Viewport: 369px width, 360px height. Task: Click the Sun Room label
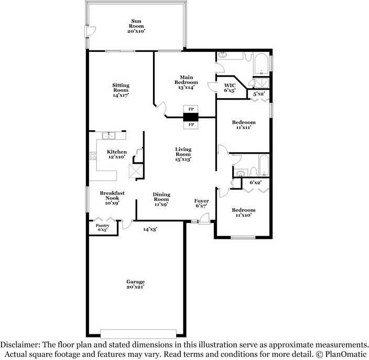(x=136, y=26)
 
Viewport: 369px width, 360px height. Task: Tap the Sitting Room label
(x=121, y=90)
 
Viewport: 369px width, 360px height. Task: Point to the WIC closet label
(x=230, y=88)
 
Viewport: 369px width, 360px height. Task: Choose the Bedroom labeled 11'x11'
(x=243, y=125)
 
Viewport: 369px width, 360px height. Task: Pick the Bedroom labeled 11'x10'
(x=244, y=213)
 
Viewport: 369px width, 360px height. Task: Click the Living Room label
(x=183, y=154)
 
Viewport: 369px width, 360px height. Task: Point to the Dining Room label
(x=161, y=199)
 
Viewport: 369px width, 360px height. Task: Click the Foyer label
(x=202, y=203)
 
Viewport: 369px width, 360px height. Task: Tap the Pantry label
(x=102, y=228)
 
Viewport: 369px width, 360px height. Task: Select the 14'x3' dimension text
(x=150, y=229)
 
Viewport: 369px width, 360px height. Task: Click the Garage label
(x=135, y=284)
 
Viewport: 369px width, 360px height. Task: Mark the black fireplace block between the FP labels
(x=190, y=118)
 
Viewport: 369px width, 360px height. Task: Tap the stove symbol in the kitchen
(x=93, y=155)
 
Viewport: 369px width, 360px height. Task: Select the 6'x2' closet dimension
(x=256, y=182)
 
